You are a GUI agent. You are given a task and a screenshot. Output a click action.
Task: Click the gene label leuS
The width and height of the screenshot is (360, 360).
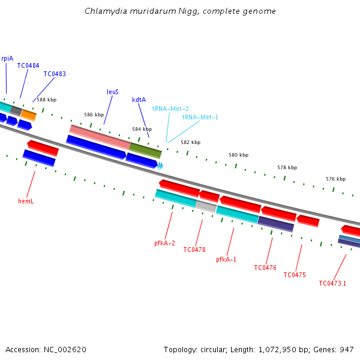[x=113, y=92]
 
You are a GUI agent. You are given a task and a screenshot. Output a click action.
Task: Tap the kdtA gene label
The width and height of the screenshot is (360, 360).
[x=139, y=100]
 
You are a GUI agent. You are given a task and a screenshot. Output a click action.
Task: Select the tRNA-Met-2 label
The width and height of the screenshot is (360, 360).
[x=170, y=109]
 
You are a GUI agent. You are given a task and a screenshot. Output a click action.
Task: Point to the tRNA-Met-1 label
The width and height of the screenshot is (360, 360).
[x=200, y=117]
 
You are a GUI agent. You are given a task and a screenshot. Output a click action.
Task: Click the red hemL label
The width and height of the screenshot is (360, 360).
[x=26, y=201]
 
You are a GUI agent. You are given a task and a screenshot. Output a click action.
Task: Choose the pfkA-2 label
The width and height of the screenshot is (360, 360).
[x=164, y=243]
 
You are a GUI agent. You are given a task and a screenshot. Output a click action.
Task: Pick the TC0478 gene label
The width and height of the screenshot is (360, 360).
[x=194, y=250]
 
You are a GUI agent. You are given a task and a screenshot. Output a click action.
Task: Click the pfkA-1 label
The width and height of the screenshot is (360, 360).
[x=226, y=259]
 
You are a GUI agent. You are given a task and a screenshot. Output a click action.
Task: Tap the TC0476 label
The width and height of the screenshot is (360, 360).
[x=265, y=268]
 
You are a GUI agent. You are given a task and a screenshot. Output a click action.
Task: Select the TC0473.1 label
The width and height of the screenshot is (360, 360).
[x=332, y=283]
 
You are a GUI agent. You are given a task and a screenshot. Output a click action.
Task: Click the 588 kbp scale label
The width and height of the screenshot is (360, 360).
[x=47, y=100]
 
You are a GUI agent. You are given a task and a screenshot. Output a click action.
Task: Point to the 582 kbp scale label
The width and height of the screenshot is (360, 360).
[x=191, y=142]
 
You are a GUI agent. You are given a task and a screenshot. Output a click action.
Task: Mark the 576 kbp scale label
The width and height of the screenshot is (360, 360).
[x=335, y=179]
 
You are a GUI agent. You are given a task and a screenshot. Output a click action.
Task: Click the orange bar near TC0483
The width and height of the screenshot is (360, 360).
[x=28, y=115]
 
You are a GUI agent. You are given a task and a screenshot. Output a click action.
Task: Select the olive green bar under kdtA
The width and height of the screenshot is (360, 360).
[x=145, y=151]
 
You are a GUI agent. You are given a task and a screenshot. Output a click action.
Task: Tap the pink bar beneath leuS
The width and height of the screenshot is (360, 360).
[x=100, y=137]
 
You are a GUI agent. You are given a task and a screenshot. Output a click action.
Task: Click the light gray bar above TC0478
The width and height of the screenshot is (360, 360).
[x=206, y=206]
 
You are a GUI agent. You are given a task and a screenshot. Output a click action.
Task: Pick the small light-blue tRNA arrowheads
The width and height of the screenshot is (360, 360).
[x=160, y=166]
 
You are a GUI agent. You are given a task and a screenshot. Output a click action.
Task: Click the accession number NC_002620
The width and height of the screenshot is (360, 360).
[x=65, y=350]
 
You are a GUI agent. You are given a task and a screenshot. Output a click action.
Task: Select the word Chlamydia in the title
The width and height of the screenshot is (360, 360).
[x=106, y=11]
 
